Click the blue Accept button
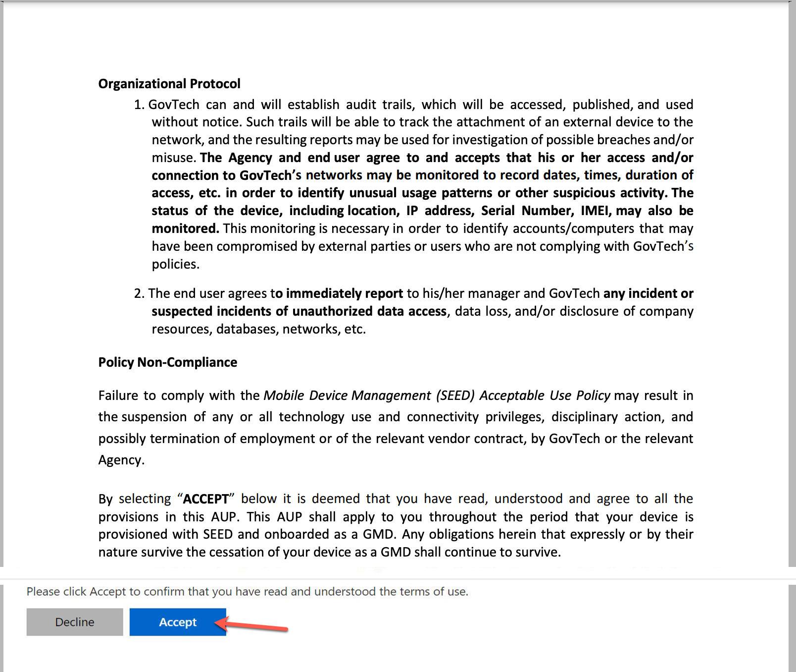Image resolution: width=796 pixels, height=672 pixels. pyautogui.click(x=178, y=622)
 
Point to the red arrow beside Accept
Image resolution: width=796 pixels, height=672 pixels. pyautogui.click(x=252, y=625)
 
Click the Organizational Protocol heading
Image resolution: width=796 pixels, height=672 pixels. pyautogui.click(x=169, y=84)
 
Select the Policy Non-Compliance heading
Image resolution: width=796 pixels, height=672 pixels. pyautogui.click(x=167, y=362)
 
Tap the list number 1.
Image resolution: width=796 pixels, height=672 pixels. pyautogui.click(x=138, y=105)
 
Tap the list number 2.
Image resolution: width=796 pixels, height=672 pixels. pyautogui.click(x=138, y=293)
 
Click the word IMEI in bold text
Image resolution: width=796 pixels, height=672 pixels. pyautogui.click(x=596, y=211)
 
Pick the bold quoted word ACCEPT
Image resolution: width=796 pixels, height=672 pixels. pyautogui.click(x=206, y=499)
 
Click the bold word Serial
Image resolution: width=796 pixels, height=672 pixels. pyautogui.click(x=498, y=211)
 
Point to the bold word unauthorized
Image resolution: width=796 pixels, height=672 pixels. pyautogui.click(x=332, y=311)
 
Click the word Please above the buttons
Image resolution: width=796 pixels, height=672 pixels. pyautogui.click(x=43, y=592)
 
